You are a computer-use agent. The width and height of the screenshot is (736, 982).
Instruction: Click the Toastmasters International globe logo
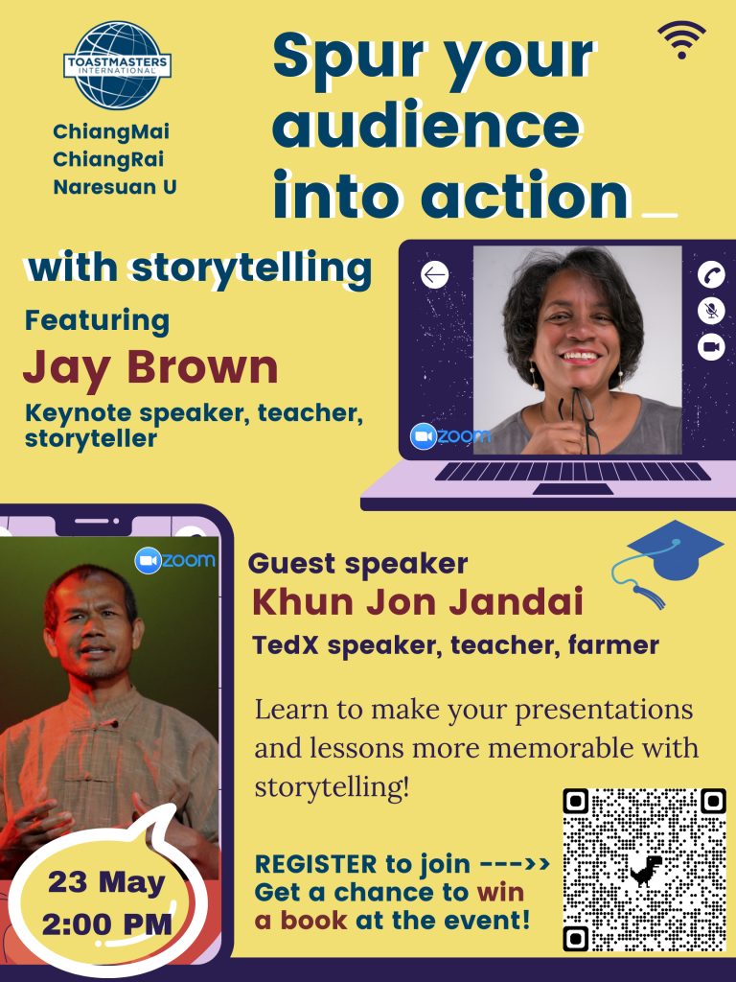(117, 65)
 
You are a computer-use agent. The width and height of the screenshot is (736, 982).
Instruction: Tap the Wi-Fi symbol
(681, 38)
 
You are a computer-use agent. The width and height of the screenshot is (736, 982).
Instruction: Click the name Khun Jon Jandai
(418, 602)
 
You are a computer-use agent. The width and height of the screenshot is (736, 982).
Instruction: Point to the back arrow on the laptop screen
(434, 274)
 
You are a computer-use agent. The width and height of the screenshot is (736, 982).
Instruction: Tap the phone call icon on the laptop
(711, 274)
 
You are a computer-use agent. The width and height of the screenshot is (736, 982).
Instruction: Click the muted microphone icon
(711, 311)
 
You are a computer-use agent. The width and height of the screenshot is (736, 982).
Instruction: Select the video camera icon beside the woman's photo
(711, 347)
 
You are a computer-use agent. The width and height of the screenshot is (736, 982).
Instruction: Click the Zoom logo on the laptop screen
(450, 436)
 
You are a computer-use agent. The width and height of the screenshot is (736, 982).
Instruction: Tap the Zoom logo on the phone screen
(174, 560)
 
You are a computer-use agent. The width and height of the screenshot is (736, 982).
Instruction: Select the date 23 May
(106, 882)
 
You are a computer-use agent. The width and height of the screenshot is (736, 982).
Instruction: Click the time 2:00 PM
(106, 924)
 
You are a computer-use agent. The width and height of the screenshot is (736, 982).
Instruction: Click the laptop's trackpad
(573, 489)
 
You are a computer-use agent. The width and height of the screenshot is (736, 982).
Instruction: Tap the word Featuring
(97, 320)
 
